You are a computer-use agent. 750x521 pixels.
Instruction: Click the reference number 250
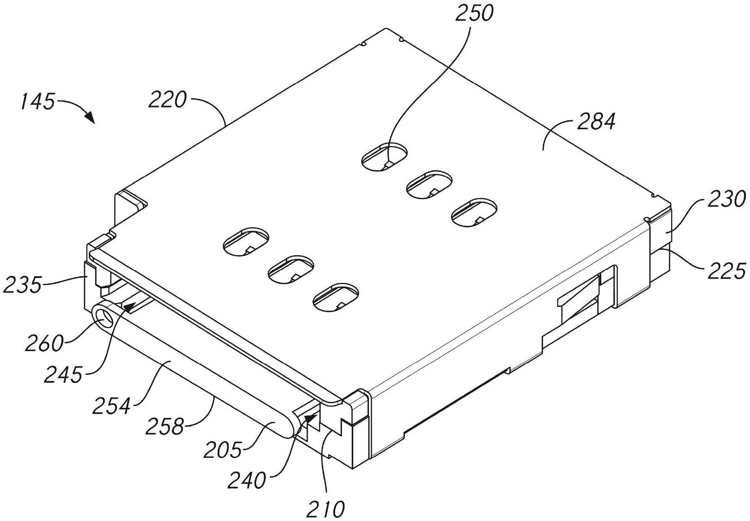click(x=474, y=13)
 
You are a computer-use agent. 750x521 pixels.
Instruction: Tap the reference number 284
click(x=596, y=122)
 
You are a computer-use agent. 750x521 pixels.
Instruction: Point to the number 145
click(x=37, y=101)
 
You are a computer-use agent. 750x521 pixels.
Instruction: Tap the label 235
click(x=22, y=285)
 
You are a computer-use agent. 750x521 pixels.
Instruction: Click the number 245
click(x=63, y=375)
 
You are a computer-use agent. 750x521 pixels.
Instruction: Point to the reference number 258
click(x=164, y=426)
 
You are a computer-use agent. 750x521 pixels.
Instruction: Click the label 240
click(x=247, y=480)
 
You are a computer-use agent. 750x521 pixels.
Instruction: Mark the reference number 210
click(x=326, y=510)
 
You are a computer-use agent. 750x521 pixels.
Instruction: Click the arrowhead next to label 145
click(x=89, y=118)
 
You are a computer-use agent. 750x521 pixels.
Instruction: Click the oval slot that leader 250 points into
click(x=384, y=156)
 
